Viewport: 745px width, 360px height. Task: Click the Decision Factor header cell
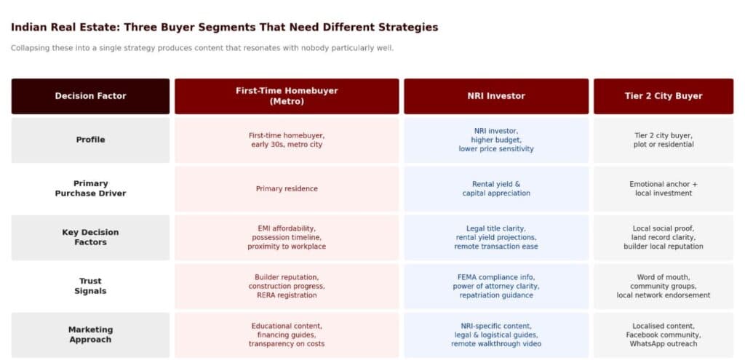90,96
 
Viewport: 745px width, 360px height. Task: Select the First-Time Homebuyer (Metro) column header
287,96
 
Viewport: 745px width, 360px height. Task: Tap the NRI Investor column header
496,96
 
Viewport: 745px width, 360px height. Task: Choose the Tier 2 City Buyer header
663,96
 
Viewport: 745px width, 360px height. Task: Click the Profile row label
90,140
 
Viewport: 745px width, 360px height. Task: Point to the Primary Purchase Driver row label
90,188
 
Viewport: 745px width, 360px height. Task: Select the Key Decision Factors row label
90,237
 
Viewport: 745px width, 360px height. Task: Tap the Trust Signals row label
90,286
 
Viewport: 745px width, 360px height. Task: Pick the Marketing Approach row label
90,335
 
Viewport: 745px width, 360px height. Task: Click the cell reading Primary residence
287,189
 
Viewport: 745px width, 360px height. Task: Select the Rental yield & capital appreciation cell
496,189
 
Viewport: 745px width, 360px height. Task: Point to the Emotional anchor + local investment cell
663,189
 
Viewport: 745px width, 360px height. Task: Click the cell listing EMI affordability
287,237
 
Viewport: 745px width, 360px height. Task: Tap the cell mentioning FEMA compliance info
496,286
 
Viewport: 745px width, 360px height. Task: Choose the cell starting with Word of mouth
663,286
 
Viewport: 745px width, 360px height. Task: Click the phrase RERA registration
287,295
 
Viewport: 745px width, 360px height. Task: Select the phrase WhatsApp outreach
663,344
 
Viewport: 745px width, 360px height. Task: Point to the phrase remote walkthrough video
496,344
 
